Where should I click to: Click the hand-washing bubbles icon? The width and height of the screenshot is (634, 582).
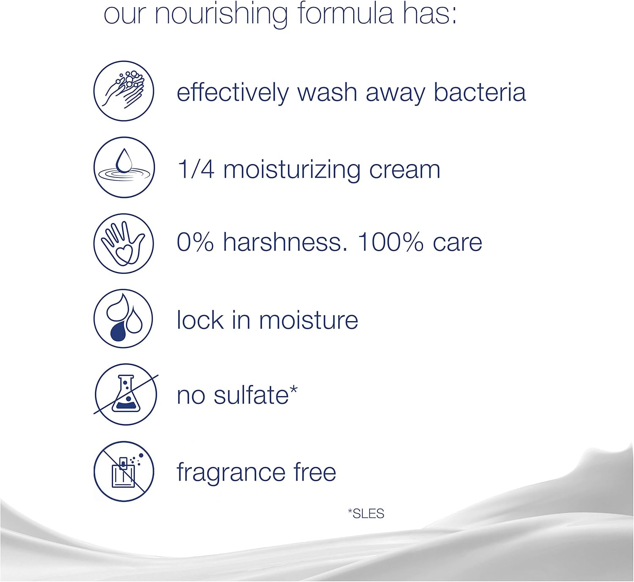124,91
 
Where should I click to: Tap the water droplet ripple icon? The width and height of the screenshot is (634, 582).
124,167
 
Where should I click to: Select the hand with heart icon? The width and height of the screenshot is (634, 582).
124,243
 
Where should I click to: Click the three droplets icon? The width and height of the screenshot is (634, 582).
124,319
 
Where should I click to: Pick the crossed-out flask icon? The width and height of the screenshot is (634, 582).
126,394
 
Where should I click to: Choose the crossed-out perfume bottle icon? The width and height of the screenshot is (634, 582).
124,471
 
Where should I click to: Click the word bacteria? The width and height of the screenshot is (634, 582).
480,92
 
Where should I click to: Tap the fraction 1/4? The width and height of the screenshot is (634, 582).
196,169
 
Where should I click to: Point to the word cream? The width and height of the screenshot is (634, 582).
404,169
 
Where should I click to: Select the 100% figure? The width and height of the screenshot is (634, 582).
390,242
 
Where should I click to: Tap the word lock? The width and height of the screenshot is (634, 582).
200,320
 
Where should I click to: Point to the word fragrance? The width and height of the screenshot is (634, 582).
230,473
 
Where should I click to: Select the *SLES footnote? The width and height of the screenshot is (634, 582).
366,514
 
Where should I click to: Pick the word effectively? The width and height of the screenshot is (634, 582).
232,93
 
